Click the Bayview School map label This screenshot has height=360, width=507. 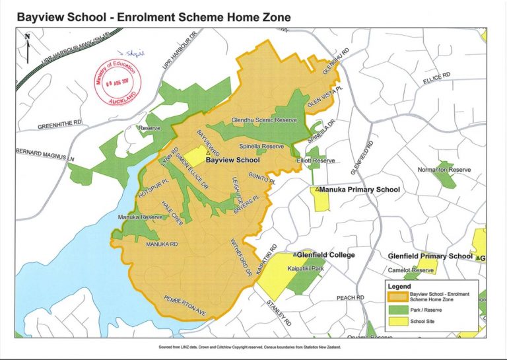coord(232,160)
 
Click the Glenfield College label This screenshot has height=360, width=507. coord(325,255)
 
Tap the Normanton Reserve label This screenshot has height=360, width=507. coord(444,170)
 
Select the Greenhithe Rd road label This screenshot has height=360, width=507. coord(59,124)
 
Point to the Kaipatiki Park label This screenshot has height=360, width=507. coord(306,269)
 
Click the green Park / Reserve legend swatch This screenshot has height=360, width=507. coord(397,308)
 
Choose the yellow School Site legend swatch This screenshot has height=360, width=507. coord(397,322)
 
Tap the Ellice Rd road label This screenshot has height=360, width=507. coord(436,77)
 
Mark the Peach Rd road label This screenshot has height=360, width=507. coord(351,298)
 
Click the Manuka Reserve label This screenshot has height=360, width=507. coord(139,217)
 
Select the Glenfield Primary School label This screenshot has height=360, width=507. coord(430,256)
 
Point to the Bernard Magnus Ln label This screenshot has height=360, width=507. coord(46,155)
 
